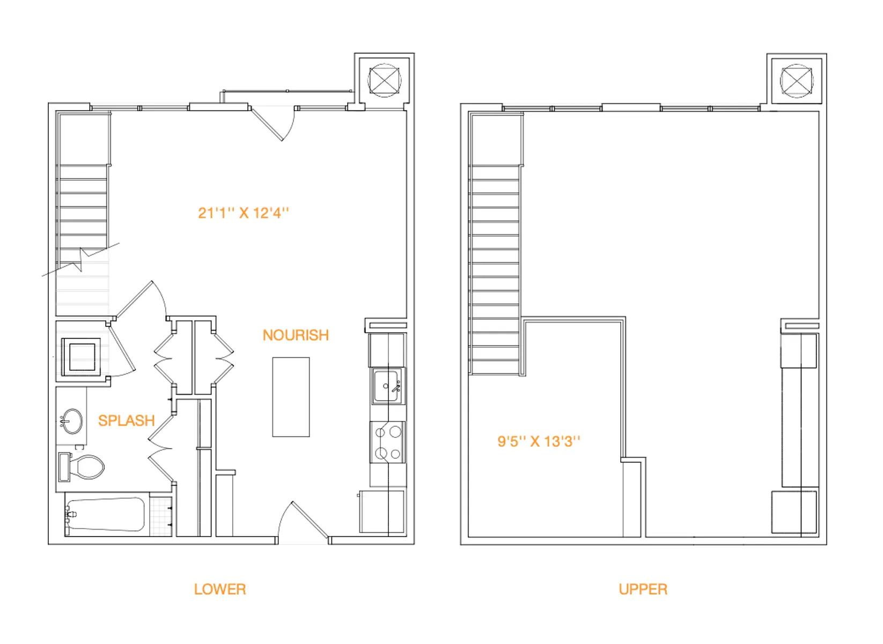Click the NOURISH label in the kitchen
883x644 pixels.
296,335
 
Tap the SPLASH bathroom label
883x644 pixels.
126,421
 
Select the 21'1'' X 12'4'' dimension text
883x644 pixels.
243,213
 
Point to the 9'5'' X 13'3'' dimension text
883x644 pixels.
539,442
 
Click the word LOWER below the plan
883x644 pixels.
220,589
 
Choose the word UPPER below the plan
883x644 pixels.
643,589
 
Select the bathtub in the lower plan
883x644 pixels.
106,515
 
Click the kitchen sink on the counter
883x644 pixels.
387,386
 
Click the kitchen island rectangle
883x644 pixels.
291,397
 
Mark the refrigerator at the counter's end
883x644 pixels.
381,511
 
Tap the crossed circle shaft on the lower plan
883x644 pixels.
384,81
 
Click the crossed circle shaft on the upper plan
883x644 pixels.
797,81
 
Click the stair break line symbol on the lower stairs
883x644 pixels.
81,259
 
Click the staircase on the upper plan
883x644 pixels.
495,268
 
